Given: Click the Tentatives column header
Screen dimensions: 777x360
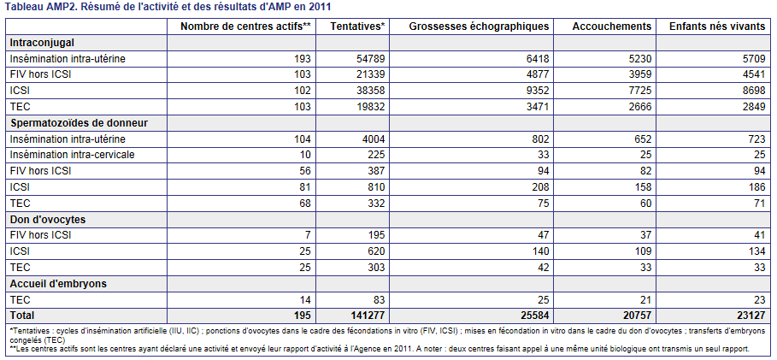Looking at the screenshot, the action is click(x=358, y=27).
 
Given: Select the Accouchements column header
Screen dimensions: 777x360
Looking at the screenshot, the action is click(x=611, y=27).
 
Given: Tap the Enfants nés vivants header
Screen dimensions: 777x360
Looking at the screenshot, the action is click(x=717, y=27).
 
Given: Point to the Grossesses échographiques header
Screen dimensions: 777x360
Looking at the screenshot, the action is click(x=479, y=27).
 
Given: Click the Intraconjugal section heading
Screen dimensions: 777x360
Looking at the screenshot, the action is click(x=42, y=43).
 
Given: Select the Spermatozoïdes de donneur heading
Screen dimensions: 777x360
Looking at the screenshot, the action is click(x=79, y=123).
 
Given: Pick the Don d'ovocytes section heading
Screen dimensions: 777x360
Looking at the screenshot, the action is click(x=48, y=219).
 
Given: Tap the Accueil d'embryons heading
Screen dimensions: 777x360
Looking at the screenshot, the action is click(x=58, y=284).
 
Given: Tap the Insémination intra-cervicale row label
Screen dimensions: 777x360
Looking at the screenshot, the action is click(x=72, y=155).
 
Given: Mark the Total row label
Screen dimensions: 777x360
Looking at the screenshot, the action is click(x=22, y=316).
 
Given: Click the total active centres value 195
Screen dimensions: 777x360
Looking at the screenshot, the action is click(x=301, y=316).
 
